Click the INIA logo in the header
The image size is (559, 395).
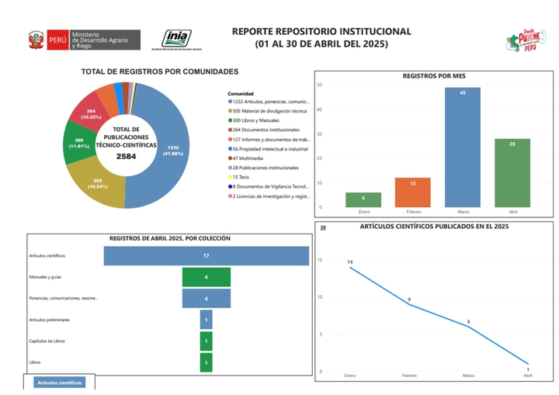click(178, 39)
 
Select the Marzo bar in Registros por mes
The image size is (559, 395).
click(462, 147)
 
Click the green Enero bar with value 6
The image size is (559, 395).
click(363, 199)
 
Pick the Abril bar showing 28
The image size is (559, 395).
click(512, 173)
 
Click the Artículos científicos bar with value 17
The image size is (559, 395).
click(206, 255)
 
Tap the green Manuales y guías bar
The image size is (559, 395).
click(206, 277)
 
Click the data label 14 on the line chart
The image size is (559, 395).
click(350, 262)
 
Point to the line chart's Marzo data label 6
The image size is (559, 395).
click(468, 321)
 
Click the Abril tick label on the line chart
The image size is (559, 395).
click(528, 376)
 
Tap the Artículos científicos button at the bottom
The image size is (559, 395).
click(60, 383)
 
